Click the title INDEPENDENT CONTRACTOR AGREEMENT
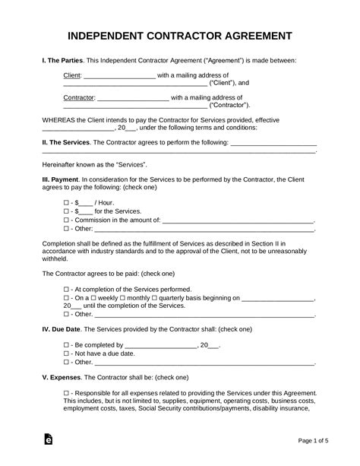(179, 36)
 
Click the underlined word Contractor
(79, 98)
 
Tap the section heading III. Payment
(61, 179)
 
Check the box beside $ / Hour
(67, 203)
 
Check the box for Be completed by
(67, 345)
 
